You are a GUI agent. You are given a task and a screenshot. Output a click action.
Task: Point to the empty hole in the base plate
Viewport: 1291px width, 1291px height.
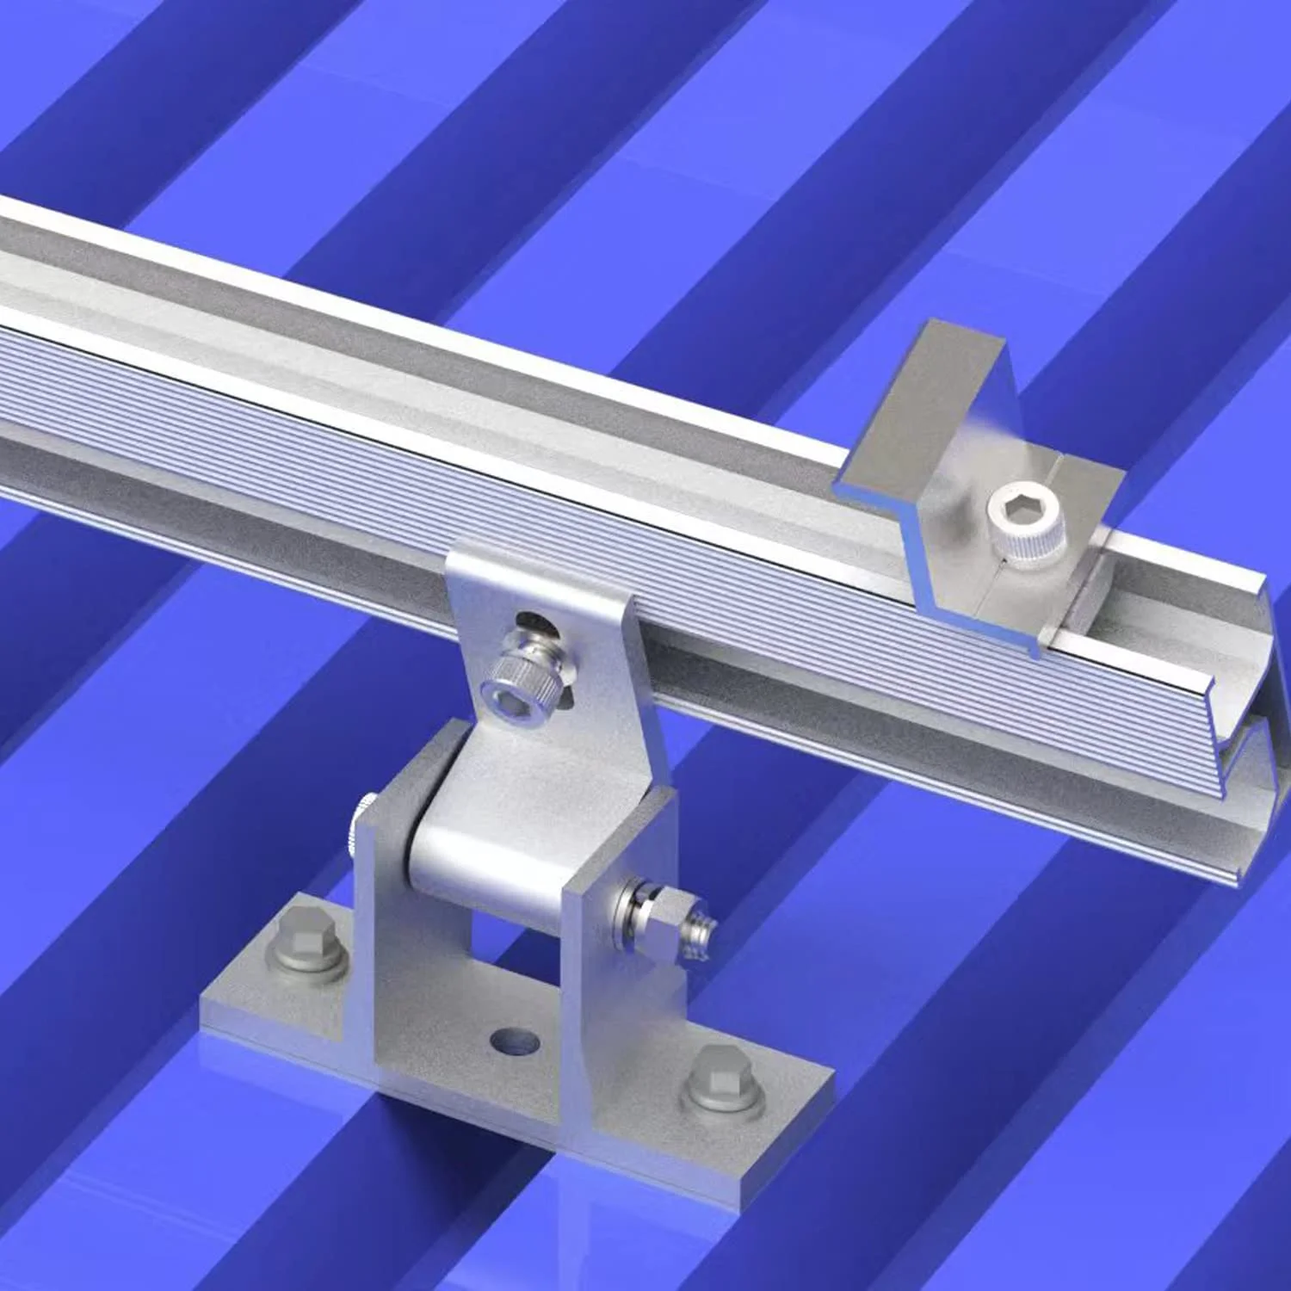pos(515,1042)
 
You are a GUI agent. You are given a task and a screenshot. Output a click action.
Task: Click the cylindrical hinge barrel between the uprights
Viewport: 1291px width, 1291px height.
pos(482,869)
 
